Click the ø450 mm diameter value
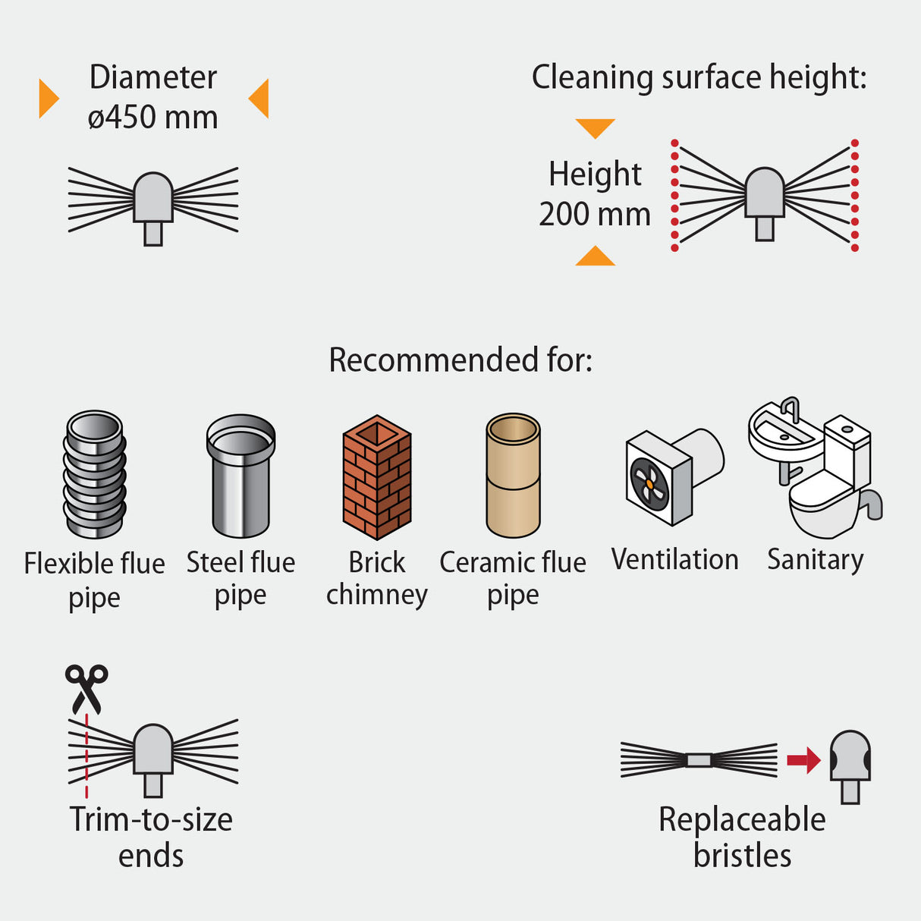(152, 118)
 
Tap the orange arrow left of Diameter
(48, 98)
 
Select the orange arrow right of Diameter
(259, 98)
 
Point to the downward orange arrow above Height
(595, 127)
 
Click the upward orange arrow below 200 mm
(595, 257)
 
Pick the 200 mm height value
(595, 214)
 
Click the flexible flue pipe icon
(94, 474)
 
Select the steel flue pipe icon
(240, 476)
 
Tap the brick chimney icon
(377, 477)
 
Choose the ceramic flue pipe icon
(514, 476)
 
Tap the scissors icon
(86, 687)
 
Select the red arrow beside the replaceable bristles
(803, 759)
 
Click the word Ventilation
(674, 559)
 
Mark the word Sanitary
(815, 560)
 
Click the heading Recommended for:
(460, 360)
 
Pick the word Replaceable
(742, 819)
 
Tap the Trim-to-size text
(151, 819)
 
